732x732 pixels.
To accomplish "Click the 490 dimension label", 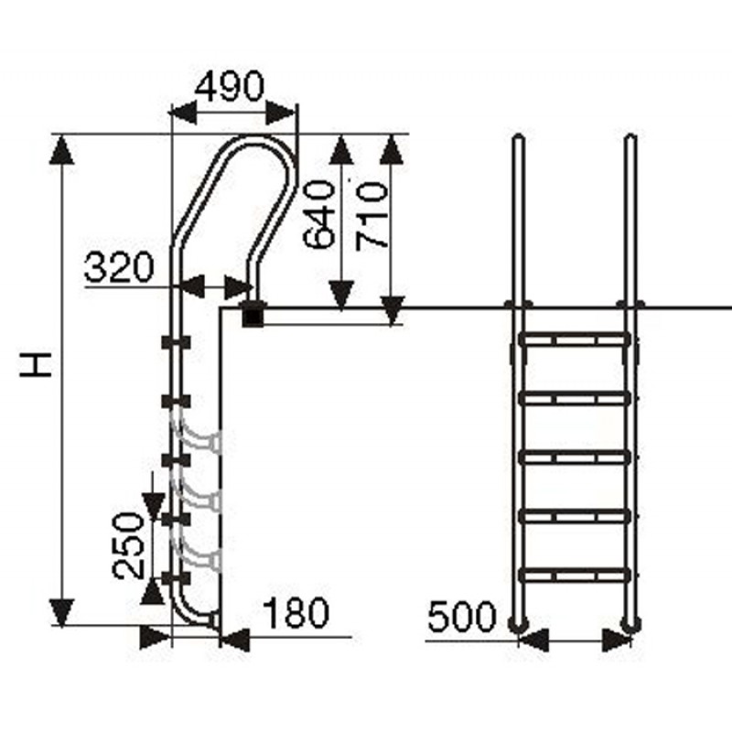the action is pyautogui.click(x=230, y=87).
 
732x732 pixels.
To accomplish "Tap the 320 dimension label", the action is pyautogui.click(x=119, y=267).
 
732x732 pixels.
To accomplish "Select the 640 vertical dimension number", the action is pyautogui.click(x=319, y=214).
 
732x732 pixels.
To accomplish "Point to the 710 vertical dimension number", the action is pyautogui.click(x=371, y=216).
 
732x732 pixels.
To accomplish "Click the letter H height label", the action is pyautogui.click(x=35, y=364).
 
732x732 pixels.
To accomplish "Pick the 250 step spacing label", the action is pyautogui.click(x=128, y=545).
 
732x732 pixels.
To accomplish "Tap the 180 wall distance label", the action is pyautogui.click(x=296, y=612).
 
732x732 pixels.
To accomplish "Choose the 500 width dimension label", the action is pyautogui.click(x=461, y=616).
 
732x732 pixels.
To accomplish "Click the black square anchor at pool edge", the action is pyautogui.click(x=253, y=316).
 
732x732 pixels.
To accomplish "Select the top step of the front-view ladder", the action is pyautogui.click(x=575, y=339).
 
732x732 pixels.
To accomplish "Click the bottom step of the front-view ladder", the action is pyautogui.click(x=575, y=575).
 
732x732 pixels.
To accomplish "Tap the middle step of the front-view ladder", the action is pyautogui.click(x=575, y=457).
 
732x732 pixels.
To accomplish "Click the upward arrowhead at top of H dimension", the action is pyautogui.click(x=61, y=149).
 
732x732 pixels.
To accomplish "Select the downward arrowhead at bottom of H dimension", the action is pyautogui.click(x=62, y=611).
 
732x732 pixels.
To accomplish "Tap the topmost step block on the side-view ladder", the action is pyautogui.click(x=176, y=342).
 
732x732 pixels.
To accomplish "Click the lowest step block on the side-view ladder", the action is pyautogui.click(x=176, y=578).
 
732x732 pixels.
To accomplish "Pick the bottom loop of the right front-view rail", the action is pyautogui.click(x=630, y=623).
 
